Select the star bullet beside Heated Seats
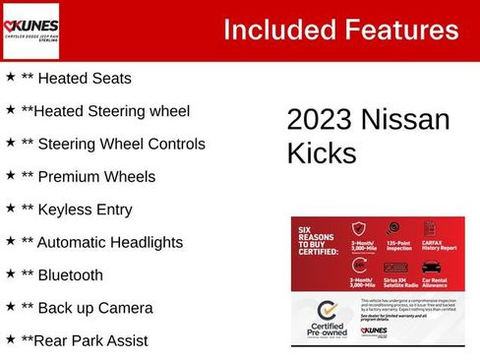tap(10, 76)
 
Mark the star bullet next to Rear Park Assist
tap(10, 338)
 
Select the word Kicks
tap(322, 153)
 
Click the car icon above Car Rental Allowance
tap(431, 266)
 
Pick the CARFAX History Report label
tap(438, 247)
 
